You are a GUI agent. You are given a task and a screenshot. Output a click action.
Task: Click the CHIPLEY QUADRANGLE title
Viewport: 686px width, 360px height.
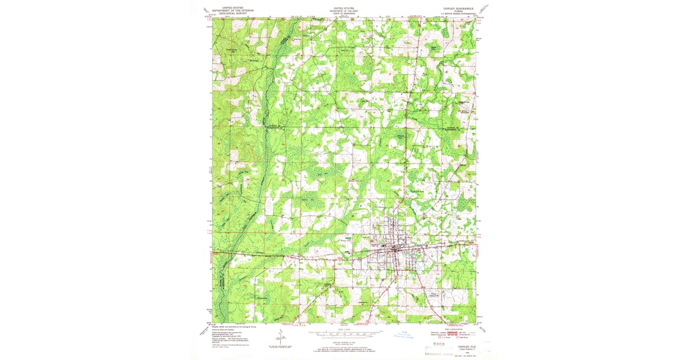[x=457, y=9]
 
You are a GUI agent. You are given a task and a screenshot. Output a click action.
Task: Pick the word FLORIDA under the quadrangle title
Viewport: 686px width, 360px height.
[x=457, y=11]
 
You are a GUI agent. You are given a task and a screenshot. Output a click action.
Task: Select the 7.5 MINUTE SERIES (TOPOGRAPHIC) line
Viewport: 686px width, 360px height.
[x=457, y=14]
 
